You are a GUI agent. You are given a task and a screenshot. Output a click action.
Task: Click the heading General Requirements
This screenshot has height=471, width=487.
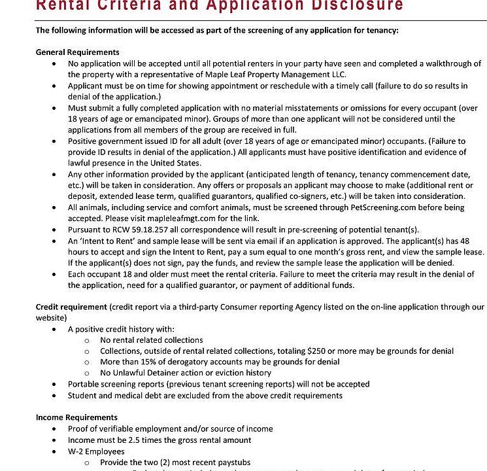point(77,52)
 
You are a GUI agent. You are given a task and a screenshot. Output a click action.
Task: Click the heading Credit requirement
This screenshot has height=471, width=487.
point(71,306)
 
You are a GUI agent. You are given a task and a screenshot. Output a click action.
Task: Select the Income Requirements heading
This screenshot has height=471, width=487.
point(76,417)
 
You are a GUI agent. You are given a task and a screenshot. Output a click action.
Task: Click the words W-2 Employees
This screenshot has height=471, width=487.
point(96,451)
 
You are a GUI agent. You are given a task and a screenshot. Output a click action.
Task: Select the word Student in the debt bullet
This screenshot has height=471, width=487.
point(83,395)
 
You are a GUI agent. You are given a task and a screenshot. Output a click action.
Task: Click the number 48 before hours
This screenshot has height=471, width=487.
point(475,241)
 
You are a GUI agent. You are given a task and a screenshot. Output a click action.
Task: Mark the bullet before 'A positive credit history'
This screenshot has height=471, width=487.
point(54,329)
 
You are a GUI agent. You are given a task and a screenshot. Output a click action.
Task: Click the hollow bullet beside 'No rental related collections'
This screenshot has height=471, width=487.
point(86,340)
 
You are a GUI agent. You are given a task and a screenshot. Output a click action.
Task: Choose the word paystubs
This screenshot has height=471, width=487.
point(233,462)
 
